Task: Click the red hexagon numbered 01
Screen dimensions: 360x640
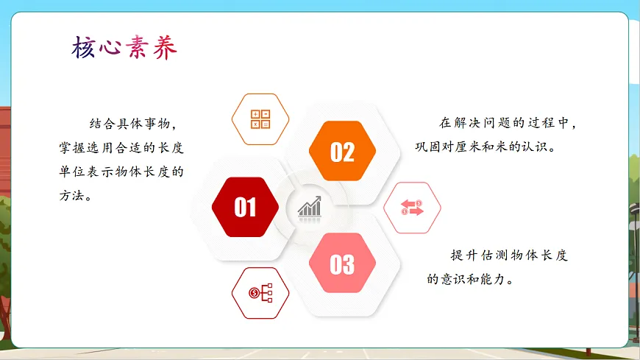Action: pyautogui.click(x=245, y=207)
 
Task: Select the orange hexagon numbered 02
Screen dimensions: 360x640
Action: pyautogui.click(x=342, y=152)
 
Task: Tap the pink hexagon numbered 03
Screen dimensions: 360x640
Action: pyautogui.click(x=342, y=264)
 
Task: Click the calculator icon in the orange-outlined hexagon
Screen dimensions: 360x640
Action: pyautogui.click(x=260, y=119)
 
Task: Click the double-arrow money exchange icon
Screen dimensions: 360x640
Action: pyautogui.click(x=413, y=208)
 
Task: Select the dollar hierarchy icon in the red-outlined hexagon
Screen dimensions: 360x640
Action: pyautogui.click(x=260, y=293)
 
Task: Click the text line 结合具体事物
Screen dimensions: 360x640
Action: pyautogui.click(x=133, y=123)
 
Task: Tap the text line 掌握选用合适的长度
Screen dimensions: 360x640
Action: pyautogui.click(x=121, y=147)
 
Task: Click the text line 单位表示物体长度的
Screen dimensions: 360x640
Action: pyautogui.click(x=121, y=172)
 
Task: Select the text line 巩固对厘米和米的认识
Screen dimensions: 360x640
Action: pyautogui.click(x=486, y=146)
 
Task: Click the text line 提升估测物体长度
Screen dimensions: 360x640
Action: pyautogui.click(x=510, y=255)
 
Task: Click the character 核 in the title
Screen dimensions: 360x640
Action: pyautogui.click(x=85, y=48)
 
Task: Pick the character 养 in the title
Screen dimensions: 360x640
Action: pyautogui.click(x=165, y=48)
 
